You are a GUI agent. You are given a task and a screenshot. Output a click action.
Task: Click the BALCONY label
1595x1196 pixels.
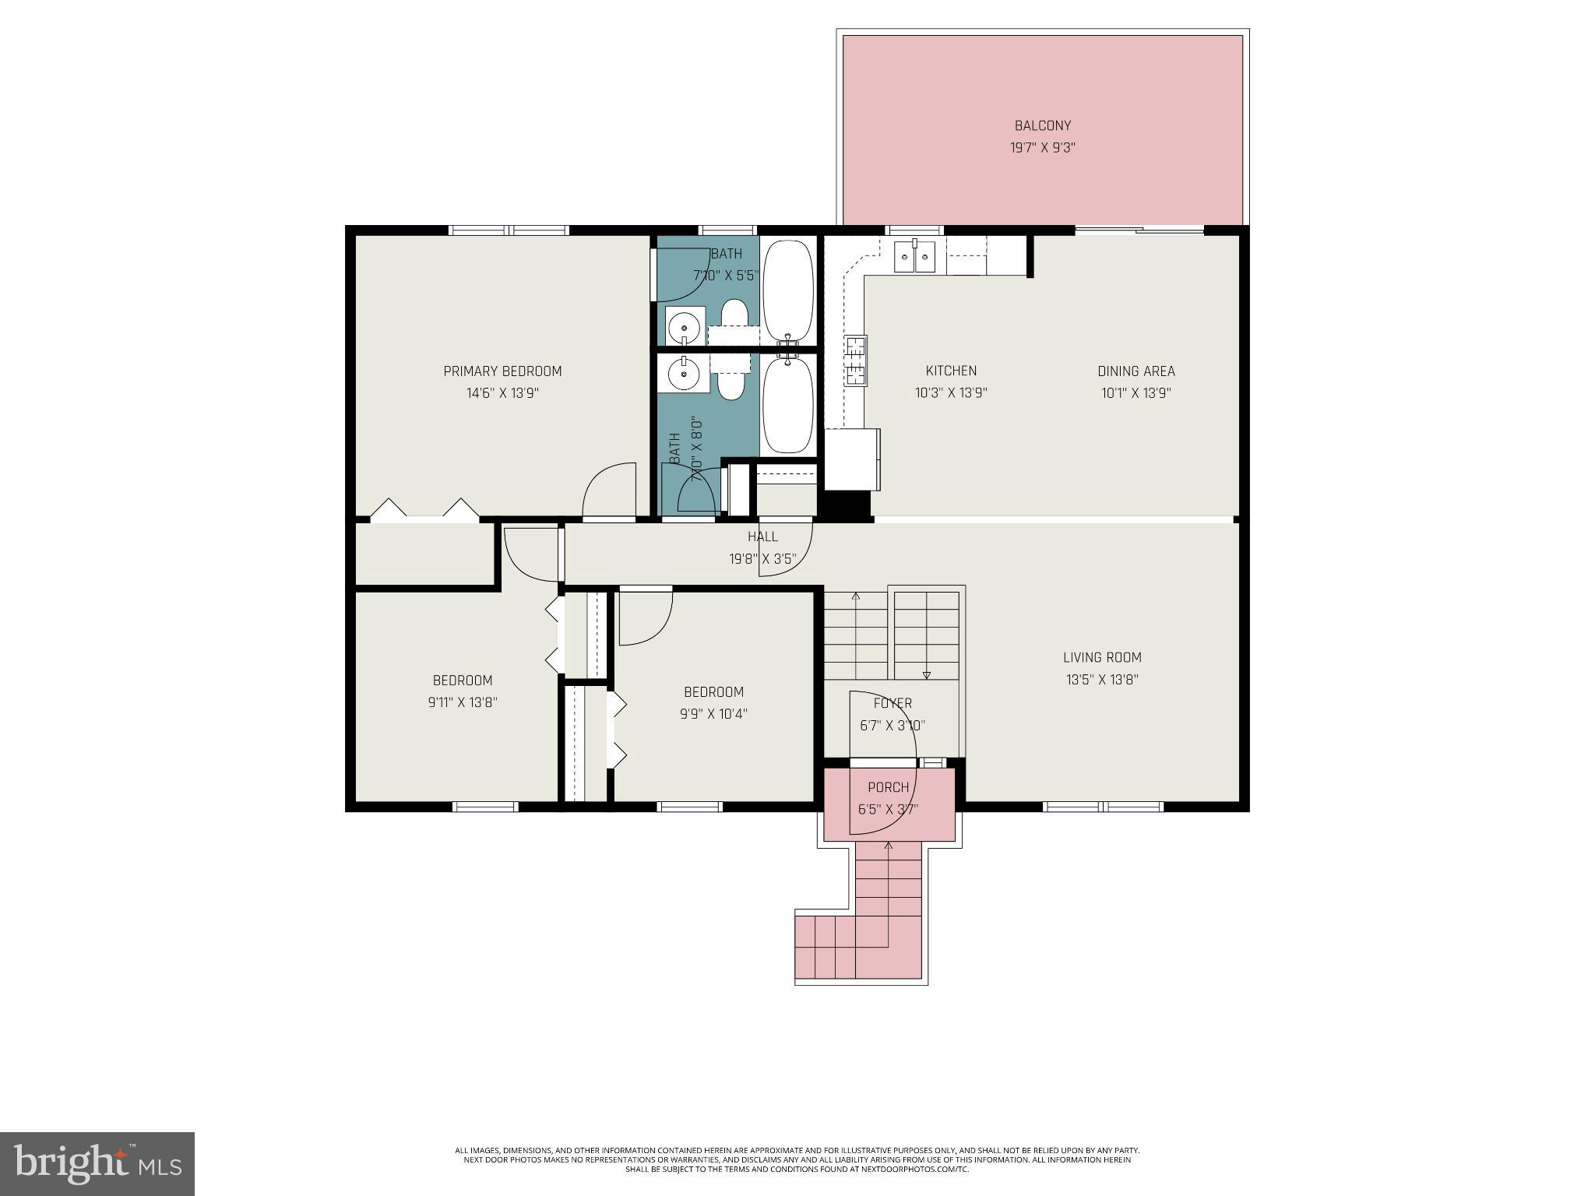click(1042, 125)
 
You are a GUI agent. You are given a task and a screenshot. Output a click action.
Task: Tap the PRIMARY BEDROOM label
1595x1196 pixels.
click(502, 371)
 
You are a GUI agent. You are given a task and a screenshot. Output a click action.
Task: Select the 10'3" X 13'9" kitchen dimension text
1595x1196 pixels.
click(951, 393)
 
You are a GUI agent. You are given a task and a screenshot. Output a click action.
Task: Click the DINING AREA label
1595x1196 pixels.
click(1136, 371)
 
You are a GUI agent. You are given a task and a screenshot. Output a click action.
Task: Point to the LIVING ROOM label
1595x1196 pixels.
click(1102, 657)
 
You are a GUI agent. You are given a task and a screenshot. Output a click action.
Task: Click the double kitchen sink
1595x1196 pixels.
click(914, 257)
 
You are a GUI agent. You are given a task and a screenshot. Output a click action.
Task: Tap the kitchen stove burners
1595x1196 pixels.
click(856, 360)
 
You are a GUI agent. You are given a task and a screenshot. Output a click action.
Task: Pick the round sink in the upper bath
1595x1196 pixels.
click(684, 325)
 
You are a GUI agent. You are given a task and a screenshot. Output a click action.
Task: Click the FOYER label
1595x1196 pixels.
click(892, 703)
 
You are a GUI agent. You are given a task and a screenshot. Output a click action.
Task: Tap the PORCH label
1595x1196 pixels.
click(888, 787)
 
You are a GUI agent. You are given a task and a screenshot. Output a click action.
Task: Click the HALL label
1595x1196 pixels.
click(762, 536)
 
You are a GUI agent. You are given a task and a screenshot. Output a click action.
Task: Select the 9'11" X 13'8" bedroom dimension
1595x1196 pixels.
click(463, 702)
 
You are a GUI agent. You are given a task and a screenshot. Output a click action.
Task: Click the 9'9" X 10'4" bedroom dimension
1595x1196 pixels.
click(713, 713)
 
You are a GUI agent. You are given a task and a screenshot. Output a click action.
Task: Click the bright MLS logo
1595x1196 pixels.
click(97, 1163)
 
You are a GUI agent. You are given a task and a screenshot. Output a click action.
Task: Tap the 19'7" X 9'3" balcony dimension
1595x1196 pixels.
click(1042, 147)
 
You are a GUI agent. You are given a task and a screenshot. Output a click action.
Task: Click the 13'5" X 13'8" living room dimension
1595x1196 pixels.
click(1102, 679)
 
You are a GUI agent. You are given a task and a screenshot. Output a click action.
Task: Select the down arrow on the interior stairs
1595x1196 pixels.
click(926, 674)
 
